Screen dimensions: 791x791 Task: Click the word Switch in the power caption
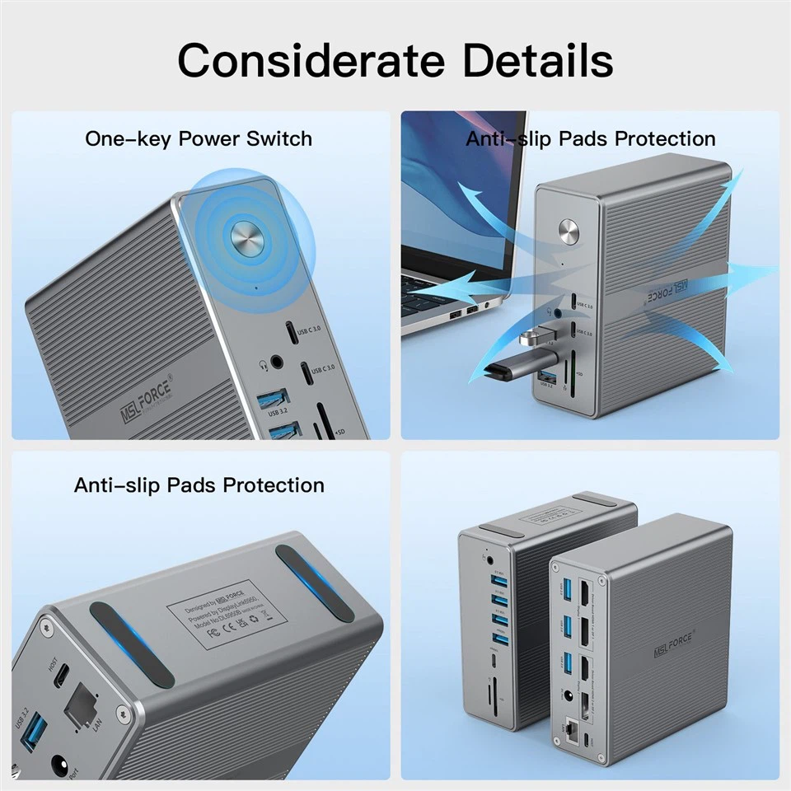coord(281,138)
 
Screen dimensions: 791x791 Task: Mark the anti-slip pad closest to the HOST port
coord(132,644)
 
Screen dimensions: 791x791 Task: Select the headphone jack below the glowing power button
coord(275,361)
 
